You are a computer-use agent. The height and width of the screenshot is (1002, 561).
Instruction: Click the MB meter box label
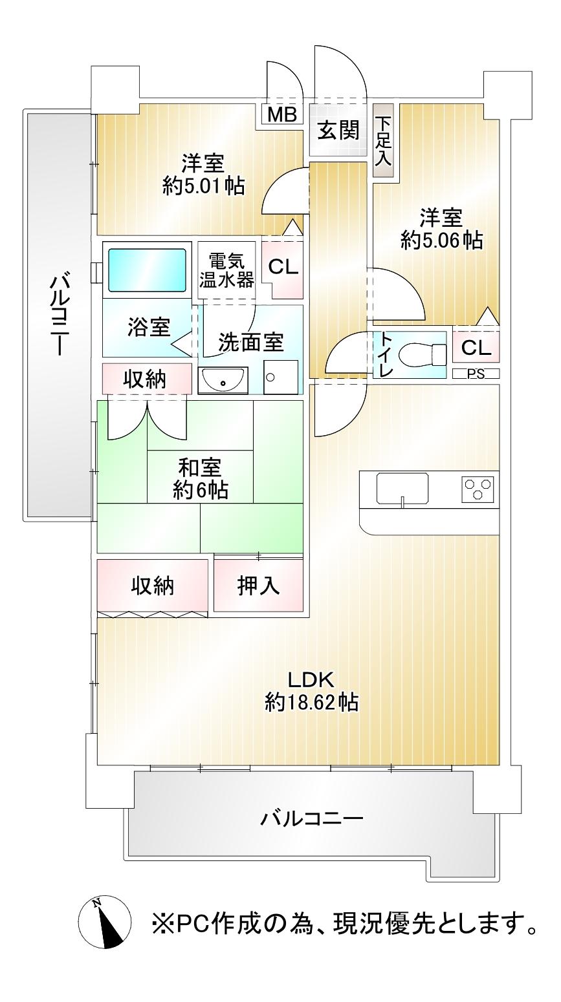pyautogui.click(x=282, y=114)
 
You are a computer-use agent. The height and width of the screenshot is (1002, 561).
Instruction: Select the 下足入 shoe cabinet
pyautogui.click(x=384, y=140)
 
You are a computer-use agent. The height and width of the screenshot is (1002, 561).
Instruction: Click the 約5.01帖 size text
pyautogui.click(x=204, y=186)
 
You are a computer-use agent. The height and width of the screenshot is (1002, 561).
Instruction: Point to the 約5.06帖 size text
pyautogui.click(x=442, y=242)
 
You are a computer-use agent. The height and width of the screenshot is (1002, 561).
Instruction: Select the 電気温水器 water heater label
pyautogui.click(x=226, y=271)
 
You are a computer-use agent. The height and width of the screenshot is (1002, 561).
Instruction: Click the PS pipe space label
pyautogui.click(x=476, y=374)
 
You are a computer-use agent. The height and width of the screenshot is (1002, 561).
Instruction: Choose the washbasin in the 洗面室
pyautogui.click(x=223, y=379)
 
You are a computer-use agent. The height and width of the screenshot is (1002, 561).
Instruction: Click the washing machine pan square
pyautogui.click(x=281, y=377)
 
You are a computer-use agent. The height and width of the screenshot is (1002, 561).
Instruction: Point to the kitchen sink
pyautogui.click(x=402, y=489)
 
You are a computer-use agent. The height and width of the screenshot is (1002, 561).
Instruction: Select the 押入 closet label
pyautogui.click(x=258, y=585)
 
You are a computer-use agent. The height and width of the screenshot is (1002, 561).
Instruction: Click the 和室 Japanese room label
pyautogui.click(x=200, y=468)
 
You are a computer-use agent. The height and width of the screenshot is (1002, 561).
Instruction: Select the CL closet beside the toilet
pyautogui.click(x=476, y=347)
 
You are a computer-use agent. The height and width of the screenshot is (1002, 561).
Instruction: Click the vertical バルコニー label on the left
pyautogui.click(x=59, y=316)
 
